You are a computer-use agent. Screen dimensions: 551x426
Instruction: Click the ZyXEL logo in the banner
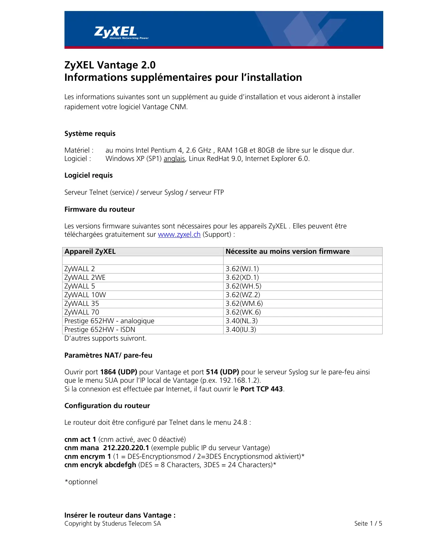pos(116,32)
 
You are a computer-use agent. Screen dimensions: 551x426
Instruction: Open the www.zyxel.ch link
pos(179,234)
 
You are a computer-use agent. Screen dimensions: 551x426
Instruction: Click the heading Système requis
pos(90,134)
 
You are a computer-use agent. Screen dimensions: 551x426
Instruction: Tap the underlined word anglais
pos(174,159)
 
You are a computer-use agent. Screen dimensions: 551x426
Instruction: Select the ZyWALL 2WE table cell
pos(85,278)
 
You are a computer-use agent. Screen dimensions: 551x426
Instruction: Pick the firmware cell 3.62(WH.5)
pos(243,286)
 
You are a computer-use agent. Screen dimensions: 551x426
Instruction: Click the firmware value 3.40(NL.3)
pos(242,321)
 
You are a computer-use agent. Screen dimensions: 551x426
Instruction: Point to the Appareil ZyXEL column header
pos(90,251)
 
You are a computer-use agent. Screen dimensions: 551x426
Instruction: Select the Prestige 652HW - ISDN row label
pos(100,330)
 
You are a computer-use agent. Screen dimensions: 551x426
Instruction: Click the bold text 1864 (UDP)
pos(119,372)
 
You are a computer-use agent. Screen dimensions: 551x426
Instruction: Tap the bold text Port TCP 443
pos(262,389)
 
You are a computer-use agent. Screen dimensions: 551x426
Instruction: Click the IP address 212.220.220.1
pos(126,448)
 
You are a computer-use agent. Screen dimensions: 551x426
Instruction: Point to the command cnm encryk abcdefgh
pos(100,465)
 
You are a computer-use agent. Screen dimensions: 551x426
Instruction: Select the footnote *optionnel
pos(81,482)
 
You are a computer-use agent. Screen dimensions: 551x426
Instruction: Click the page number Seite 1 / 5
pos(368,524)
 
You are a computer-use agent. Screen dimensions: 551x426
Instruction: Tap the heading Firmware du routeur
pos(100,209)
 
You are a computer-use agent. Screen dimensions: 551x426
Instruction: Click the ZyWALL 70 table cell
pos(82,312)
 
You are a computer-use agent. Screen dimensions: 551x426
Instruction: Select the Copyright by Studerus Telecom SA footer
pos(113,524)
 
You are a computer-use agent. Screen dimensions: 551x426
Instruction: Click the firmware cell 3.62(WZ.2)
pos(243,295)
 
